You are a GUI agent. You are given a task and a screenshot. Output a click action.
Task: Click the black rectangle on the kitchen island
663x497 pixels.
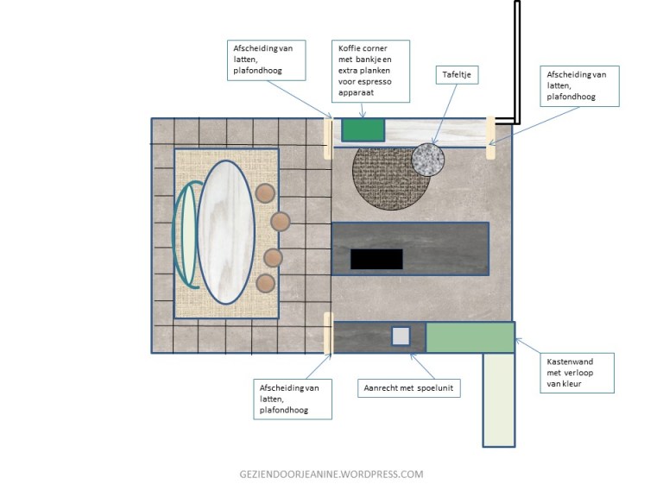(x=376, y=259)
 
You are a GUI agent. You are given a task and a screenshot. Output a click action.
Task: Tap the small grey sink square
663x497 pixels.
(x=401, y=337)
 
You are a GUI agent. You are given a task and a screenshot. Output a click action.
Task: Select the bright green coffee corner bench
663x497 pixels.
(x=363, y=129)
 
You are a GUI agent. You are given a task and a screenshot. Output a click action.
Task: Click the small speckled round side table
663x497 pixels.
(x=428, y=160)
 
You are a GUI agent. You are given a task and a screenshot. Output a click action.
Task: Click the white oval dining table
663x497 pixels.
(x=226, y=232)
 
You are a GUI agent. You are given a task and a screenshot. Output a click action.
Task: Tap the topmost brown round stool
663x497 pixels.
(x=265, y=193)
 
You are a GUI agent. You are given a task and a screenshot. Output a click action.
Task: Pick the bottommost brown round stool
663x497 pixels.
(x=266, y=284)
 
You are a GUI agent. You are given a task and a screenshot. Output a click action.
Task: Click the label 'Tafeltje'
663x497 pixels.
(x=457, y=75)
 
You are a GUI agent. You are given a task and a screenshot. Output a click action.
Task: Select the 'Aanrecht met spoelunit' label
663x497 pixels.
(x=408, y=388)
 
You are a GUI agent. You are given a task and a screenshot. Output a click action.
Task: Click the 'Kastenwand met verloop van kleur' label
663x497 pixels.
(x=577, y=373)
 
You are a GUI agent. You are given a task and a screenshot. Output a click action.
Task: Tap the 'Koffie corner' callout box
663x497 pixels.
(x=371, y=71)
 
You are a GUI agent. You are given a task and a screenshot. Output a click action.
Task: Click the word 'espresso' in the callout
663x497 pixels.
(x=374, y=82)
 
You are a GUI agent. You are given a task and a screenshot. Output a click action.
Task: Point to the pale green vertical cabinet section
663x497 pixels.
(x=499, y=399)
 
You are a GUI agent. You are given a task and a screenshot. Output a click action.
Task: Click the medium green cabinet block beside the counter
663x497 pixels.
(x=470, y=337)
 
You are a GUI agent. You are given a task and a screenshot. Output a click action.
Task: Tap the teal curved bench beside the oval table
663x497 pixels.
(x=186, y=235)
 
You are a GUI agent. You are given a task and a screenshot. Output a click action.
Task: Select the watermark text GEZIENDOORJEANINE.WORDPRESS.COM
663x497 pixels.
(x=331, y=475)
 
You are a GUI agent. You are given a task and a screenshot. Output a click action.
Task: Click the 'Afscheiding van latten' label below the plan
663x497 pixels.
(x=293, y=399)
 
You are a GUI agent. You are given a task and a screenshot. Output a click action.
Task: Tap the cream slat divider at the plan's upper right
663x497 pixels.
(x=490, y=138)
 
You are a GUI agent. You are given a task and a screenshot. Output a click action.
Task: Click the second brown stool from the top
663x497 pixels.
(x=281, y=222)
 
